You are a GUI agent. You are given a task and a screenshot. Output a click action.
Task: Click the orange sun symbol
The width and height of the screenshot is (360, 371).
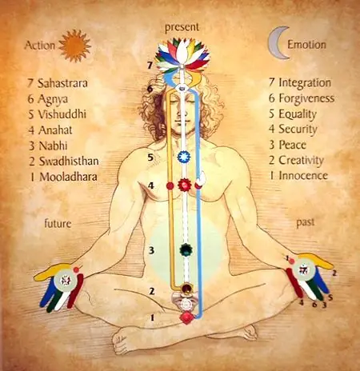pyautogui.click(x=74, y=46)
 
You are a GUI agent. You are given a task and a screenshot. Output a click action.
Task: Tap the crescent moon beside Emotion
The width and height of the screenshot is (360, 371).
pyautogui.click(x=274, y=42)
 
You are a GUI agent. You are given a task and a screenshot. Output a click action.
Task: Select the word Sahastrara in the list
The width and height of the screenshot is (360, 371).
pyautogui.click(x=62, y=83)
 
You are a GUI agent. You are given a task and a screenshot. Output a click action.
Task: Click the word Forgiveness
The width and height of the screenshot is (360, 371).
pyautogui.click(x=306, y=98)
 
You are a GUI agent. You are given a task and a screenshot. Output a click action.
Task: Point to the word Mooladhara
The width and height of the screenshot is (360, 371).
pyautogui.click(x=68, y=177)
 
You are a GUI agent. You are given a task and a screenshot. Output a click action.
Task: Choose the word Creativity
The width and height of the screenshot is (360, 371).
pyautogui.click(x=301, y=161)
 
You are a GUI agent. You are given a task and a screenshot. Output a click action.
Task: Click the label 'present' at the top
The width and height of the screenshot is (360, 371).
pyautogui.click(x=182, y=27)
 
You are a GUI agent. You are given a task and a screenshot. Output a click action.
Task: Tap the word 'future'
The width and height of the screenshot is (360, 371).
pyautogui.click(x=58, y=223)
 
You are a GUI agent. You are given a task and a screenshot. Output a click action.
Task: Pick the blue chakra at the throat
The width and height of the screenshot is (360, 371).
pyautogui.click(x=184, y=157)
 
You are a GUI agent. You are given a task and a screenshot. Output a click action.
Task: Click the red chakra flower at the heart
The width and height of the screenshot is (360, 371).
pyautogui.click(x=184, y=185)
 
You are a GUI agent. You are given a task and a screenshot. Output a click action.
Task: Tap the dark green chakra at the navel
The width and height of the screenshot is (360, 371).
pyautogui.click(x=186, y=249)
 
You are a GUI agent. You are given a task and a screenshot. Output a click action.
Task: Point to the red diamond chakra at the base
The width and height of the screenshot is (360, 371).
pyautogui.click(x=186, y=317)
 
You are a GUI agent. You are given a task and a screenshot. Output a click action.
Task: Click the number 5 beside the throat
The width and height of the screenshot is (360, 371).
pyautogui.click(x=150, y=158)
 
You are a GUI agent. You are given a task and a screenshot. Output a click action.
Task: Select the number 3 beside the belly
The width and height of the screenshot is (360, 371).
pyautogui.click(x=151, y=250)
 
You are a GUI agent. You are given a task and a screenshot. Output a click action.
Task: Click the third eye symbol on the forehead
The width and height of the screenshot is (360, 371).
pyautogui.click(x=182, y=87)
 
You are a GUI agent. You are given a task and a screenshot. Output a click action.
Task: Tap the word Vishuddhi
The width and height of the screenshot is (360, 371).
pyautogui.click(x=62, y=114)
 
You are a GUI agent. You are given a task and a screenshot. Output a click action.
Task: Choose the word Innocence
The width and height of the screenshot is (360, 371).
pyautogui.click(x=303, y=176)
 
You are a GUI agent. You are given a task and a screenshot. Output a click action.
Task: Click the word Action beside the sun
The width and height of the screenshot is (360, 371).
pyautogui.click(x=40, y=46)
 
